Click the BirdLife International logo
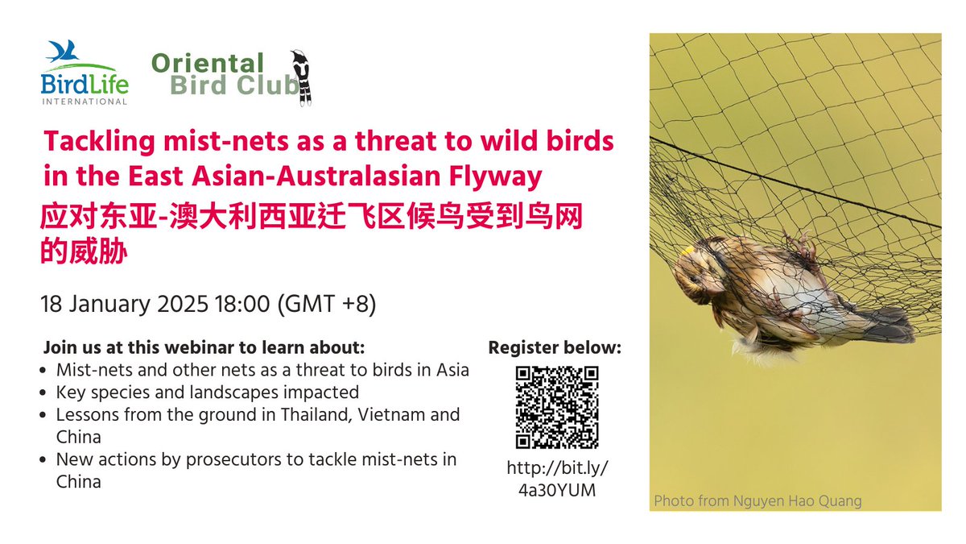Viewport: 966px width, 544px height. [85, 73]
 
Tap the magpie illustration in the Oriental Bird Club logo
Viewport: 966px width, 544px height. [303, 77]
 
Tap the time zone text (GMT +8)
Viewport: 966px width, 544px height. [327, 305]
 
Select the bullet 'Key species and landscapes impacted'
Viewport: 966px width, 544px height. [207, 392]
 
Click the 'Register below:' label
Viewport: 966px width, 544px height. [555, 348]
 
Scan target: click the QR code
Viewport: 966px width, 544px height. [556, 406]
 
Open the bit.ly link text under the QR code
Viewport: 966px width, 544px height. [556, 479]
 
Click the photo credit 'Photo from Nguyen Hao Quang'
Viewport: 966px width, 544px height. [758, 501]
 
